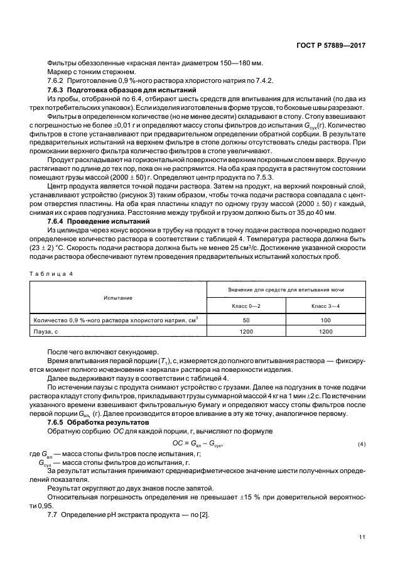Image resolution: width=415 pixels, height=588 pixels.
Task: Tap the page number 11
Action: click(362, 537)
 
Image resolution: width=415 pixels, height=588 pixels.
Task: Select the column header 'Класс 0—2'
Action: click(247, 305)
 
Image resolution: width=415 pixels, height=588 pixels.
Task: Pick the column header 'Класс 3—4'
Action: click(326, 305)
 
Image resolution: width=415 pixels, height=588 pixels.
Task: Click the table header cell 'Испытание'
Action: click(119, 297)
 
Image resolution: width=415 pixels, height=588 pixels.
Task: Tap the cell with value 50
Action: click(247, 320)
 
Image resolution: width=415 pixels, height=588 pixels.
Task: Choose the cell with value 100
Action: click(326, 320)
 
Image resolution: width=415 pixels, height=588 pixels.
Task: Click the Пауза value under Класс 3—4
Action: click(326, 331)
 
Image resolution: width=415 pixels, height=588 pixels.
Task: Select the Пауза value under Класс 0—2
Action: click(247, 331)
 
